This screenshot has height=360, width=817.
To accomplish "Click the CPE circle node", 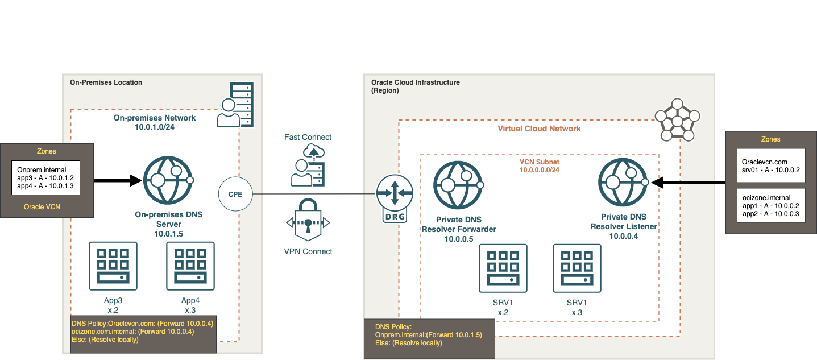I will click(x=235, y=194).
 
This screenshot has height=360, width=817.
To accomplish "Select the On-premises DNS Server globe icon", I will click(x=168, y=181).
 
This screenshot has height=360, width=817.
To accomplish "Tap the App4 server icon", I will click(x=190, y=266).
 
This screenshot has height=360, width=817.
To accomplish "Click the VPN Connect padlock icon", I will click(x=308, y=222).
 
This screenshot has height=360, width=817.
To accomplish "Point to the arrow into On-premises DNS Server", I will click(x=117, y=181).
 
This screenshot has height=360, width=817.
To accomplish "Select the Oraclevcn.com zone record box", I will click(x=770, y=165).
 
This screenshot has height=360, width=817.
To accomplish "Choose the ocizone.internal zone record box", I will click(x=770, y=205).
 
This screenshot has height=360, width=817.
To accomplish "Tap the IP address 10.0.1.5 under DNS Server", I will click(x=168, y=233).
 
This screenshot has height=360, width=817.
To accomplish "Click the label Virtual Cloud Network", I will click(x=539, y=129).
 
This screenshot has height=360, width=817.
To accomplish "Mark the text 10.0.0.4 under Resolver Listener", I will click(x=623, y=236).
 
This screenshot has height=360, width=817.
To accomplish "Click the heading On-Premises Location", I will click(x=106, y=82).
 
